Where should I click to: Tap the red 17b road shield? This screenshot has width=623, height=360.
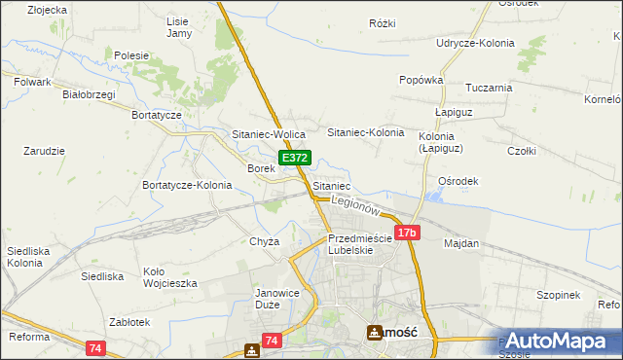coord(407,233)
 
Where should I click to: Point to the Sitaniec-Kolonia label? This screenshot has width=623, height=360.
coord(365,131)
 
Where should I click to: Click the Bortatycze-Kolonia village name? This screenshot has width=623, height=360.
coord(187,185)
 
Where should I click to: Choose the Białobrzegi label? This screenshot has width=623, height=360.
coord(89,94)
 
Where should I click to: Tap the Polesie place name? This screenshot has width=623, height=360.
coord(131,56)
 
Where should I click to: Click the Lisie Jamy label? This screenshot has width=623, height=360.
coord(178,27)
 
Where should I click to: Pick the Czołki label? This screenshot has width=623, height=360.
coord(522,151)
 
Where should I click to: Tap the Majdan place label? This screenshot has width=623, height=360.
coord(462,243)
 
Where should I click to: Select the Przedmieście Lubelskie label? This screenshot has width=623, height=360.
coord(359,243)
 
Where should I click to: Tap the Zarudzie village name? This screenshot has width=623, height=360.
coord(44,151)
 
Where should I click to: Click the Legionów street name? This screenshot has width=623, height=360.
coord(354,205)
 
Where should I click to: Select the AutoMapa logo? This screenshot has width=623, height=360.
coord(560,341)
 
